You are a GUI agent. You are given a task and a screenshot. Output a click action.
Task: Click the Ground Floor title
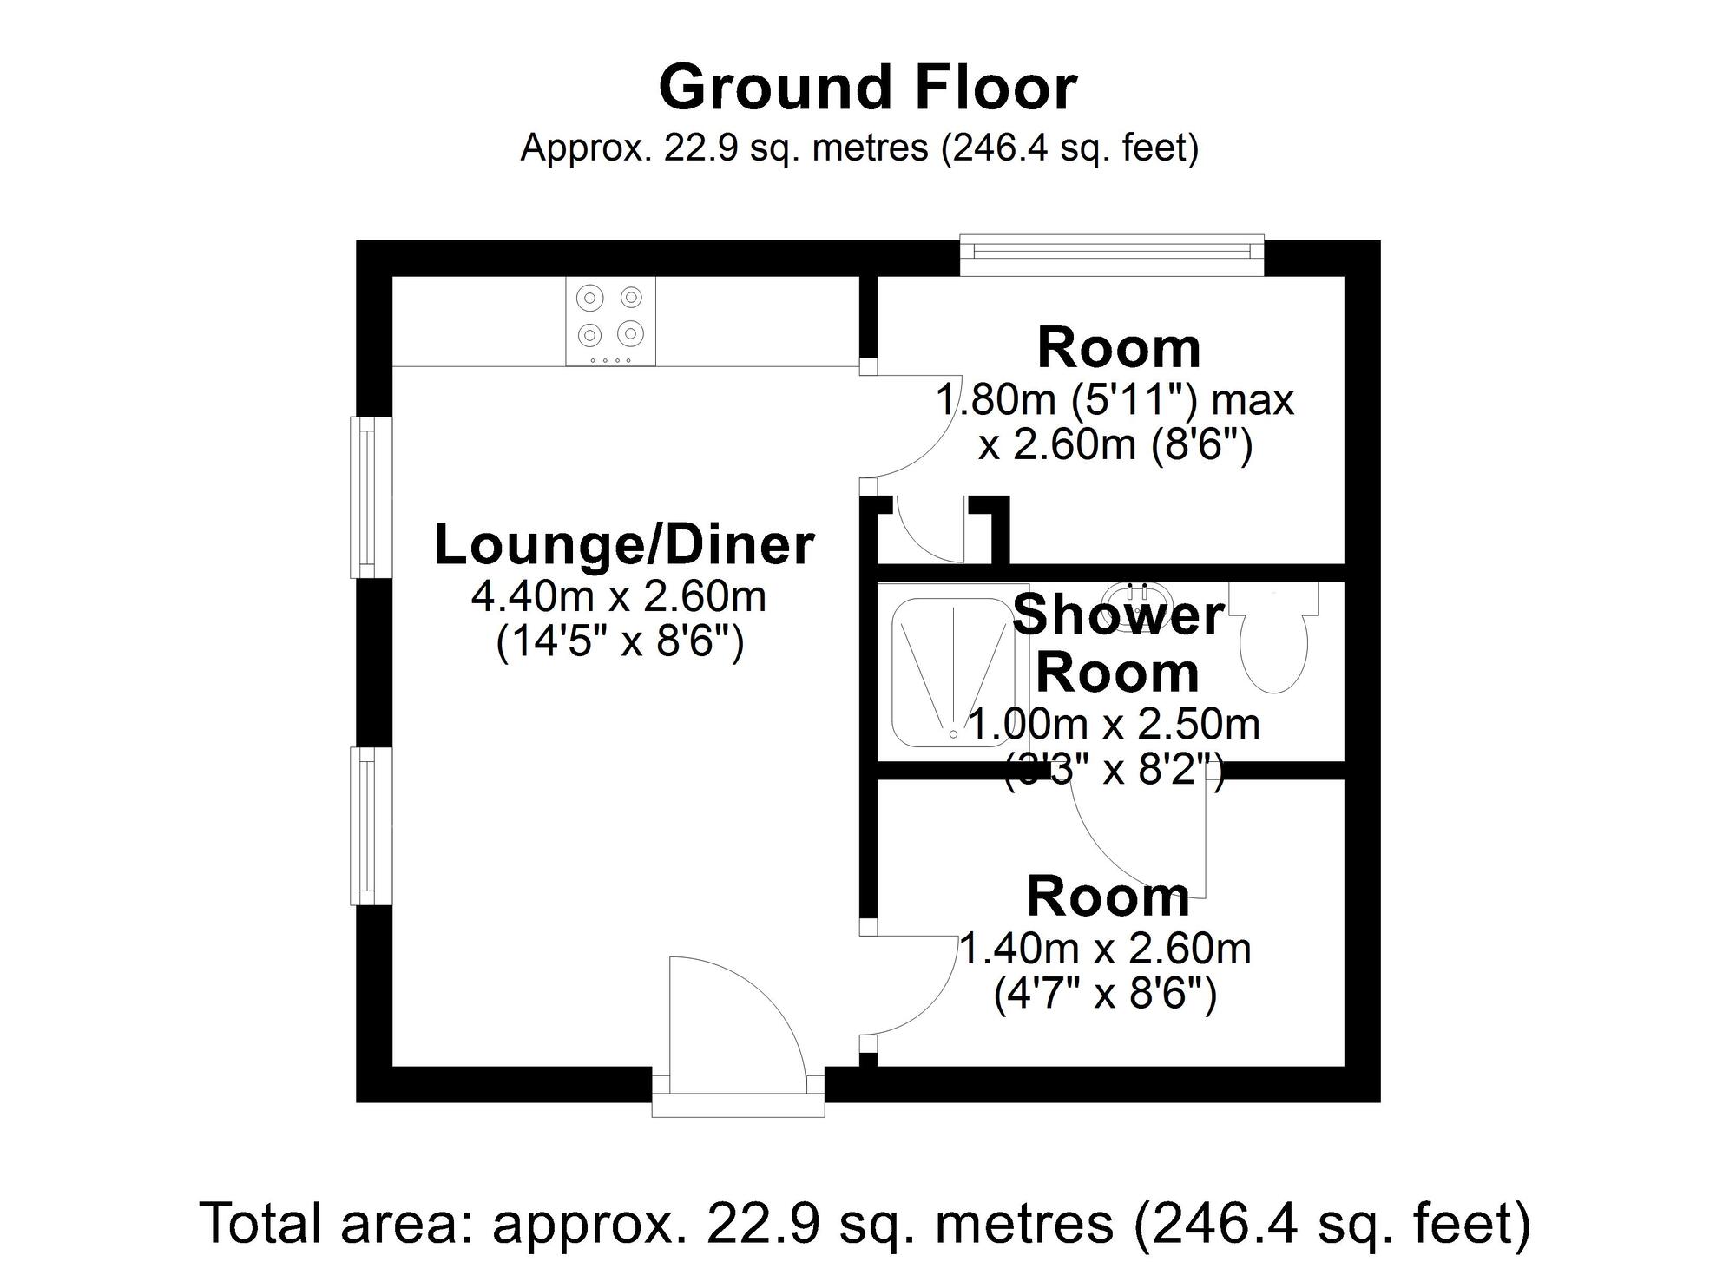[868, 89]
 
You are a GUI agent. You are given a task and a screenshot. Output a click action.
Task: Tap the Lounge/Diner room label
[623, 545]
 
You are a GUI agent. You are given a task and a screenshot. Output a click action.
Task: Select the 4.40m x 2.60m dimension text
[619, 596]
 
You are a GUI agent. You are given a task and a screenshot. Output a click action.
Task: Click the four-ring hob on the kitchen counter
[611, 320]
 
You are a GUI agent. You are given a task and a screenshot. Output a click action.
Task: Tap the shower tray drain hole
[954, 734]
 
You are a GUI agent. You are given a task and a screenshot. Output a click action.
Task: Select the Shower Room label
[1118, 643]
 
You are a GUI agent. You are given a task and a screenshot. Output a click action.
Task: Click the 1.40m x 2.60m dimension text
[1105, 949]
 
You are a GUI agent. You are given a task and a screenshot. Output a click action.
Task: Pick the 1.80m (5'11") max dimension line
[1115, 400]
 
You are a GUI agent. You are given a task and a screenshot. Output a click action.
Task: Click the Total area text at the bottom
[865, 1222]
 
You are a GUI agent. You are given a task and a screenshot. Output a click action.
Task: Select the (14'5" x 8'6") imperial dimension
[620, 643]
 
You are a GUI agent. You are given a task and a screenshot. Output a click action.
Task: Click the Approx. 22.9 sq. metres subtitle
[859, 148]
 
